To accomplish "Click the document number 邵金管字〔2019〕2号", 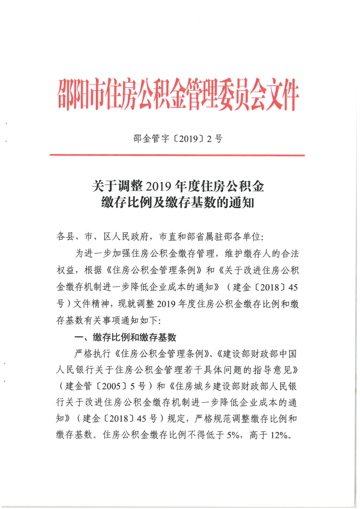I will tap(178, 138).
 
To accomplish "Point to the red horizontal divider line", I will tap(178, 155).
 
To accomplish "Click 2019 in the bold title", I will tap(157, 186).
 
